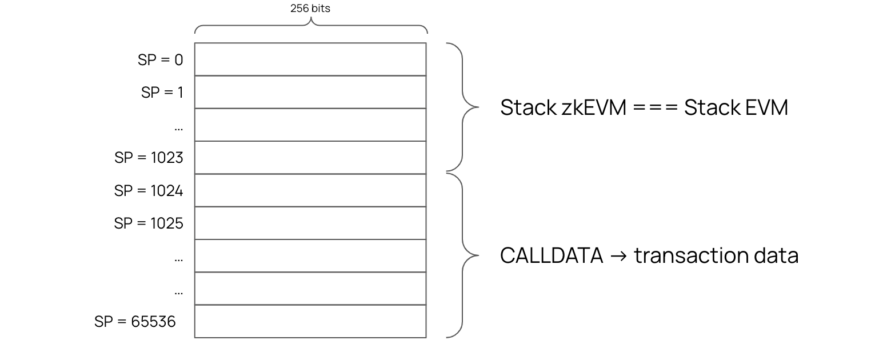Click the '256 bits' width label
click(x=310, y=9)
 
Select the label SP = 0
click(x=160, y=60)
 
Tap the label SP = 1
click(x=162, y=93)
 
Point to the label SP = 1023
click(x=149, y=158)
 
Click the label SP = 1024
click(x=149, y=191)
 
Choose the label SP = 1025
click(x=149, y=223)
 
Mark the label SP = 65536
click(x=135, y=322)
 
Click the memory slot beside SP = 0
click(x=310, y=59)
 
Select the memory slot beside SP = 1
click(x=310, y=92)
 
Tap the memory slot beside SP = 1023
click(x=310, y=158)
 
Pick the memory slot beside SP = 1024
click(x=310, y=190)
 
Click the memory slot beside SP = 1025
click(x=310, y=223)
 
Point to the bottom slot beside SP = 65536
click(x=310, y=321)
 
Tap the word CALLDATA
click(x=552, y=255)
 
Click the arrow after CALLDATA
click(x=618, y=255)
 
